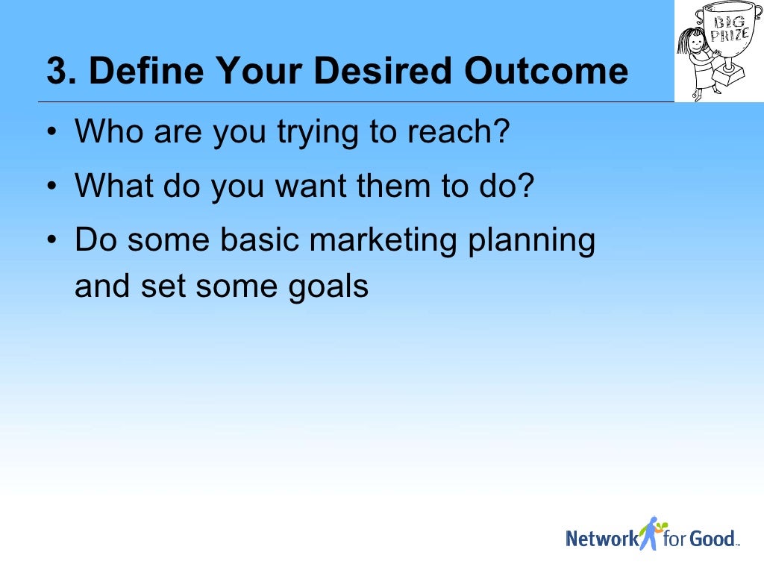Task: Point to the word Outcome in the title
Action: pyautogui.click(x=545, y=72)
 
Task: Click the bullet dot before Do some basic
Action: pyautogui.click(x=51, y=240)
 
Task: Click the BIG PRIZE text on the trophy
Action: pyautogui.click(x=729, y=29)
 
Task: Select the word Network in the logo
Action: pyautogui.click(x=602, y=538)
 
